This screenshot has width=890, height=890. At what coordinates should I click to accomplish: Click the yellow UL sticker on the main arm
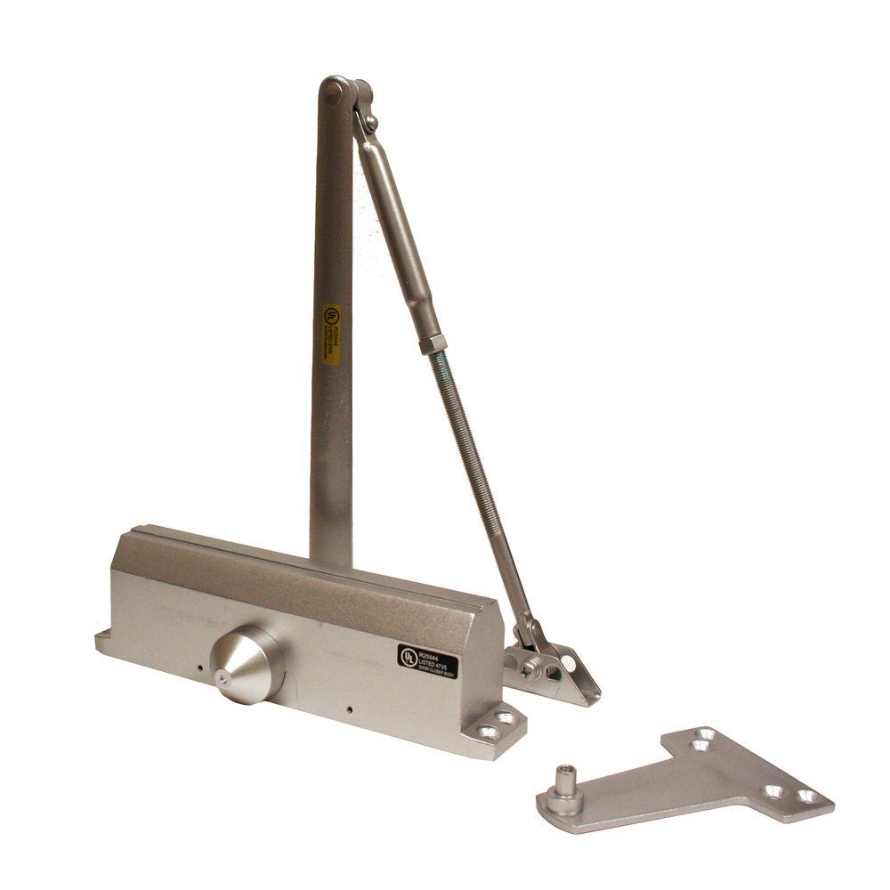point(332,335)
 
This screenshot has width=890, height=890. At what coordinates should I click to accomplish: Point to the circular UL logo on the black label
point(409,657)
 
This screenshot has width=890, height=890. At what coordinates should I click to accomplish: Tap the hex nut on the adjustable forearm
point(433,343)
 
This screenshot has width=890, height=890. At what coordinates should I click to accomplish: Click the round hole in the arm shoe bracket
point(567,664)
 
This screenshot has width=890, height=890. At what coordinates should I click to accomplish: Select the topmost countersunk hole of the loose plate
point(706,734)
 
